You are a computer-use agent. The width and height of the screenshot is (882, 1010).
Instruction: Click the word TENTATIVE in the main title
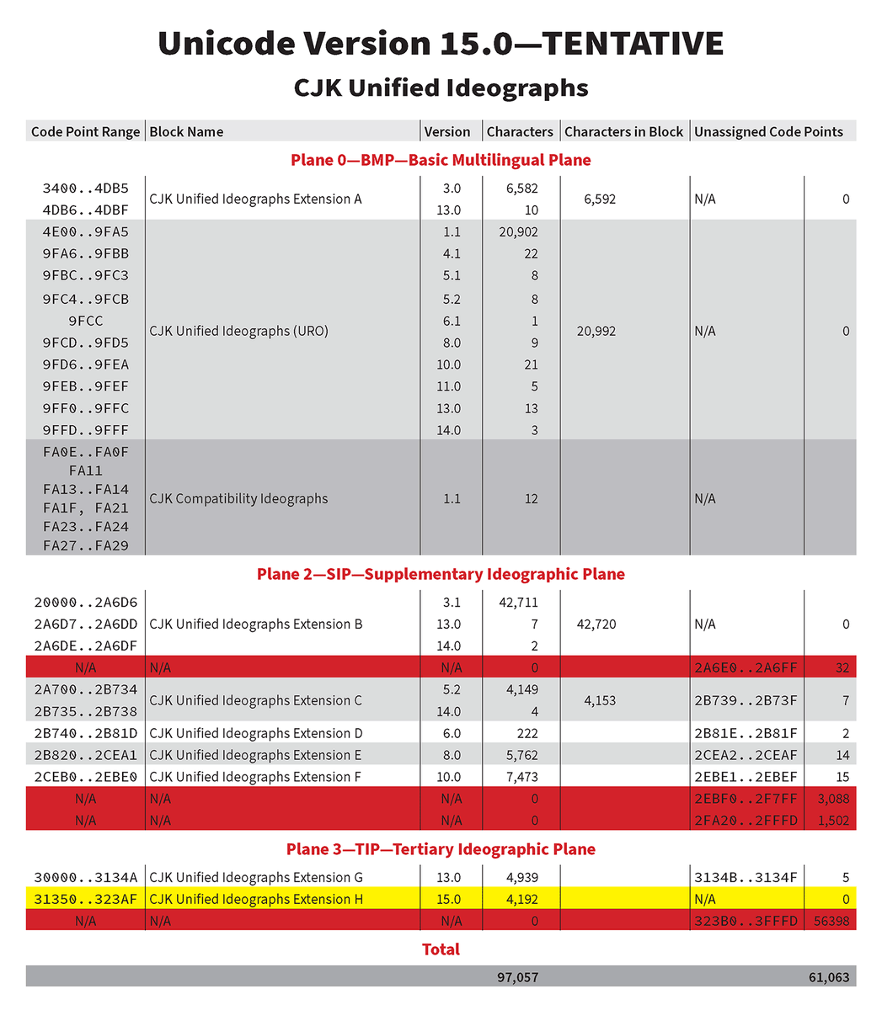coord(620,44)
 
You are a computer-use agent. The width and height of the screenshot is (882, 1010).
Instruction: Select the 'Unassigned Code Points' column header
coord(768,131)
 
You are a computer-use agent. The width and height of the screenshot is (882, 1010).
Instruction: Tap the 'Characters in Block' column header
coord(623,131)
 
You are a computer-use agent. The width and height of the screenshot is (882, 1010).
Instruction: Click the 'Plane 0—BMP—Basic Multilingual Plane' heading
coord(441,160)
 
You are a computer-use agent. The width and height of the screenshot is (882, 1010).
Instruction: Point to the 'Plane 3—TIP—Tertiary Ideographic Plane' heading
coord(441,849)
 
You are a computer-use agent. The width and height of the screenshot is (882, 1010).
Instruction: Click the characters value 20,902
coord(518,232)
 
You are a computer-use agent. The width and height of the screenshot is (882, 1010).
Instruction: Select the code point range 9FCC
coord(85,321)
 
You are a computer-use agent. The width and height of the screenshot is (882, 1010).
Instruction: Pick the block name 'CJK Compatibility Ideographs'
coord(238,498)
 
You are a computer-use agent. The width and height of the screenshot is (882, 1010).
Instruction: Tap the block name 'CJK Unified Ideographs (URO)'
coord(238,331)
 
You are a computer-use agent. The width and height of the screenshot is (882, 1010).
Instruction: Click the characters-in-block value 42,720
coord(596,625)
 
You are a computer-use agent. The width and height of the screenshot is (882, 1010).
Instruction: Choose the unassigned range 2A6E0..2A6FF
coord(746,668)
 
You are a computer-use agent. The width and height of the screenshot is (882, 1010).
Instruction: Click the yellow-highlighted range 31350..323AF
coord(85,900)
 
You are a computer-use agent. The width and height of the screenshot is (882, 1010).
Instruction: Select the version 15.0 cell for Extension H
coord(448,900)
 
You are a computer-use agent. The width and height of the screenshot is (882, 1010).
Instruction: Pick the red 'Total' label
coord(441,949)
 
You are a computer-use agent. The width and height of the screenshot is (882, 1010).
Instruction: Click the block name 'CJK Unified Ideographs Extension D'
coord(255,734)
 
